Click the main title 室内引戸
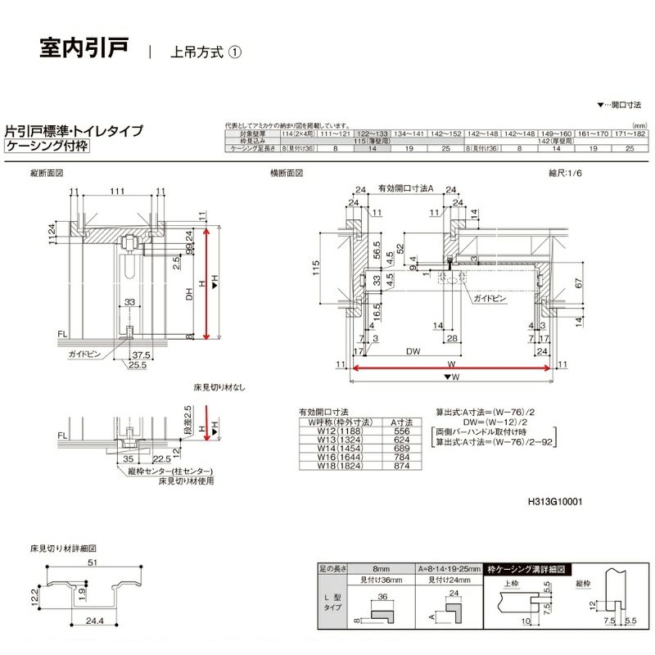tap(84, 47)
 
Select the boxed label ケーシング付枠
tap(47, 147)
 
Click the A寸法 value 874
tap(402, 466)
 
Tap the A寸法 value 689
tap(402, 449)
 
